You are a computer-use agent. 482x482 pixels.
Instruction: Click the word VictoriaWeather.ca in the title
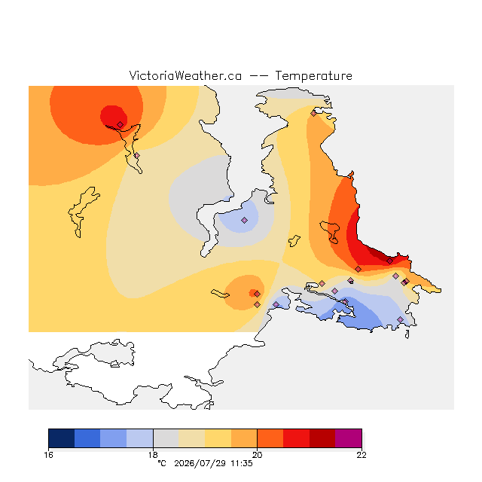point(185,75)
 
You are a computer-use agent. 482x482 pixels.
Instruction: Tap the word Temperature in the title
point(313,75)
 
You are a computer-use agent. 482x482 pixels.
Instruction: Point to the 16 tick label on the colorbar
point(48,455)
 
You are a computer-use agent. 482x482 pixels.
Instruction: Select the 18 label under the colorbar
point(153,455)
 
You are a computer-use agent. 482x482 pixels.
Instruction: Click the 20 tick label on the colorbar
point(257,455)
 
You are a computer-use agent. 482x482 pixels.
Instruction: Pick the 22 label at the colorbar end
point(361,455)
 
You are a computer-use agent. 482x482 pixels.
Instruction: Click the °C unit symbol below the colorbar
point(162,463)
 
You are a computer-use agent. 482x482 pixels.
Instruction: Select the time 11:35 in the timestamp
point(242,463)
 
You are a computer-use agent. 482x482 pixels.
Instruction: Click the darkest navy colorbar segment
point(62,438)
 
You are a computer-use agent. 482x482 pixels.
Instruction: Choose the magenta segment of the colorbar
point(348,438)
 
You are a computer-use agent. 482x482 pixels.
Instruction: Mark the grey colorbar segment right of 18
point(166,438)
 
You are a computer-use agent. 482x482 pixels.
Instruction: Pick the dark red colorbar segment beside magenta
point(322,438)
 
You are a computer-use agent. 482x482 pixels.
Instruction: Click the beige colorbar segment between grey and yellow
point(192,438)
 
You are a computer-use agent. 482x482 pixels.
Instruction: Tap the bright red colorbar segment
point(296,438)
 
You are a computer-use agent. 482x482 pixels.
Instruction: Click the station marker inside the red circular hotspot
point(120,124)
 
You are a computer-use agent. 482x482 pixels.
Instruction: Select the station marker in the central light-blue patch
point(244,220)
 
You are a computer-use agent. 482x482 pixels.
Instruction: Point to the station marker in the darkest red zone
point(390,261)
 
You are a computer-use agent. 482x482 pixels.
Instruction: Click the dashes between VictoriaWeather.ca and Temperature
point(258,76)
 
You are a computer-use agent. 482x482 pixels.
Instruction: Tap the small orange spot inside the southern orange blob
point(254,293)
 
